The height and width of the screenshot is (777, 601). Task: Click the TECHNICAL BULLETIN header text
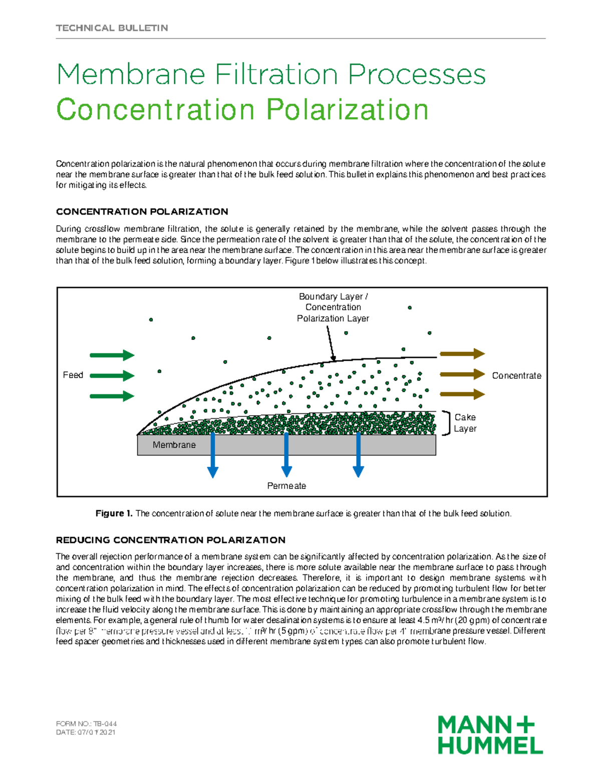[112, 28]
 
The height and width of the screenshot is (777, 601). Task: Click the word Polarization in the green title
[347, 110]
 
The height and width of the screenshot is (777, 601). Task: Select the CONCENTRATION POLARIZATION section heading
[142, 212]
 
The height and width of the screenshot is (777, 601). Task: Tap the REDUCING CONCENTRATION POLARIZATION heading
[170, 540]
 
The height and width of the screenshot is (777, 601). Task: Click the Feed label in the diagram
[73, 375]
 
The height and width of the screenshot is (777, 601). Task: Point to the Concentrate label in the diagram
[516, 376]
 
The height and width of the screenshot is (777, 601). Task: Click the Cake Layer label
[465, 423]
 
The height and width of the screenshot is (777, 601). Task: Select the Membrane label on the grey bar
[174, 445]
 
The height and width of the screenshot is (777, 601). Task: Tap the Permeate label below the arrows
[286, 486]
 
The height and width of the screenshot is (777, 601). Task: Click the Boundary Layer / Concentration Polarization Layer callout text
[333, 307]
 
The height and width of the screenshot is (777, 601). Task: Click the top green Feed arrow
[112, 355]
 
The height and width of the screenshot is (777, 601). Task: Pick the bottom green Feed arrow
[112, 396]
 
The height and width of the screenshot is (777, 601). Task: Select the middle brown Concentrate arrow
[462, 374]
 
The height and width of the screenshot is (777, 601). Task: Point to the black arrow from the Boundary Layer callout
[331, 343]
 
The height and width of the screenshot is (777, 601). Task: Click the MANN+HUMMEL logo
[490, 734]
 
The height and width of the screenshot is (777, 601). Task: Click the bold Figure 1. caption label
[114, 513]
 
